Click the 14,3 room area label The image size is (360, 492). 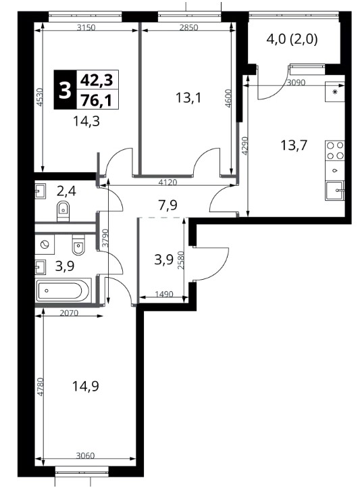pyautogui.click(x=86, y=121)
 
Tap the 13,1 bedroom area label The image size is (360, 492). pyautogui.click(x=188, y=98)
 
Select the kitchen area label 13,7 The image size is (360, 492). pyautogui.click(x=294, y=145)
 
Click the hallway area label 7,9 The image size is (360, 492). pyautogui.click(x=168, y=205)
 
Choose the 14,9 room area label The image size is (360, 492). pyautogui.click(x=86, y=386)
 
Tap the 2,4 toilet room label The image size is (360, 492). pyautogui.click(x=66, y=191)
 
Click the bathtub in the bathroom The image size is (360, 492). pyautogui.click(x=63, y=291)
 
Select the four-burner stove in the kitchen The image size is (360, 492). pyautogui.click(x=335, y=151)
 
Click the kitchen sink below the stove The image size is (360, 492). pyautogui.click(x=335, y=191)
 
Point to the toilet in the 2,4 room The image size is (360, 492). pyautogui.click(x=63, y=211)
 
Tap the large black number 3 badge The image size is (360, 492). pyautogui.click(x=66, y=90)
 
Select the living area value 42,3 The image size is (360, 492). pyautogui.click(x=97, y=80)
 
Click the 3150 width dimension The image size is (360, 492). pyautogui.click(x=86, y=27)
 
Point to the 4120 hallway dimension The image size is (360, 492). pyautogui.click(x=168, y=182)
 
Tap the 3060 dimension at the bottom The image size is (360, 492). pyautogui.click(x=85, y=456)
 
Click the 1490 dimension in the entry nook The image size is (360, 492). pyautogui.click(x=164, y=294)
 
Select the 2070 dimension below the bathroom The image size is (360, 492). pyautogui.click(x=69, y=312)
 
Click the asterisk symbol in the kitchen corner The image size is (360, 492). pyautogui.click(x=335, y=92)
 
